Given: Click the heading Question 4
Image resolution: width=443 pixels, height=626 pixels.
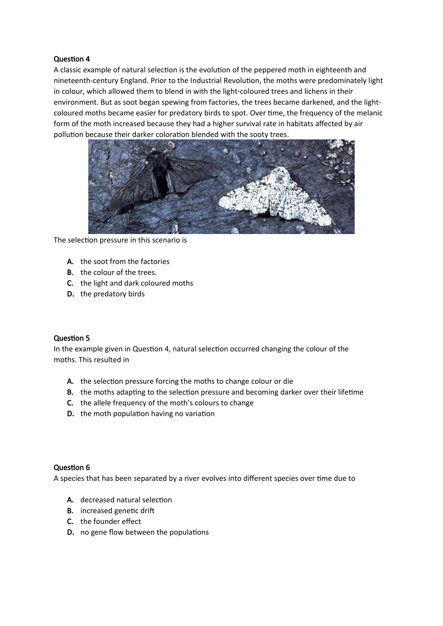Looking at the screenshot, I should (72, 59).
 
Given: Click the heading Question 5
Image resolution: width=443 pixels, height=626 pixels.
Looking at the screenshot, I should (72, 338).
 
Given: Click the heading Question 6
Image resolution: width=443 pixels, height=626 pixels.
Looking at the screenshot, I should (72, 468).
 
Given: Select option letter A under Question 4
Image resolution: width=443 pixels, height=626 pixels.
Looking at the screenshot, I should (70, 262).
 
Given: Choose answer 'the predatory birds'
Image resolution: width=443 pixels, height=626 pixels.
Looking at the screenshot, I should (112, 294).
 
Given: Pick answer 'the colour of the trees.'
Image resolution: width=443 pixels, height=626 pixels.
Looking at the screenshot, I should (118, 272).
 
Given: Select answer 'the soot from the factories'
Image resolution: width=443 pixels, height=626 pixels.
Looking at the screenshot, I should (125, 262).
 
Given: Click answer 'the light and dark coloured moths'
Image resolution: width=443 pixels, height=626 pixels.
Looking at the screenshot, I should (136, 283).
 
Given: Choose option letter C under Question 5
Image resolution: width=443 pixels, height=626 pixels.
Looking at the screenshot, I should (70, 403).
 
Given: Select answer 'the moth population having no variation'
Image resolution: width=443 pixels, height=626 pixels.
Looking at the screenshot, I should (147, 414).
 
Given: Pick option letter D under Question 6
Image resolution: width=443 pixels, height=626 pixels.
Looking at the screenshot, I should (70, 532).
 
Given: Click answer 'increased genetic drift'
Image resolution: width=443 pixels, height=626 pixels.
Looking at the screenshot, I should (117, 511).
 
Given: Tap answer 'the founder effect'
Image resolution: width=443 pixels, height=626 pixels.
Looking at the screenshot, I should (111, 521).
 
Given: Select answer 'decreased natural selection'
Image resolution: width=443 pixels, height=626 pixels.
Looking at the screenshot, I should (126, 500).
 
